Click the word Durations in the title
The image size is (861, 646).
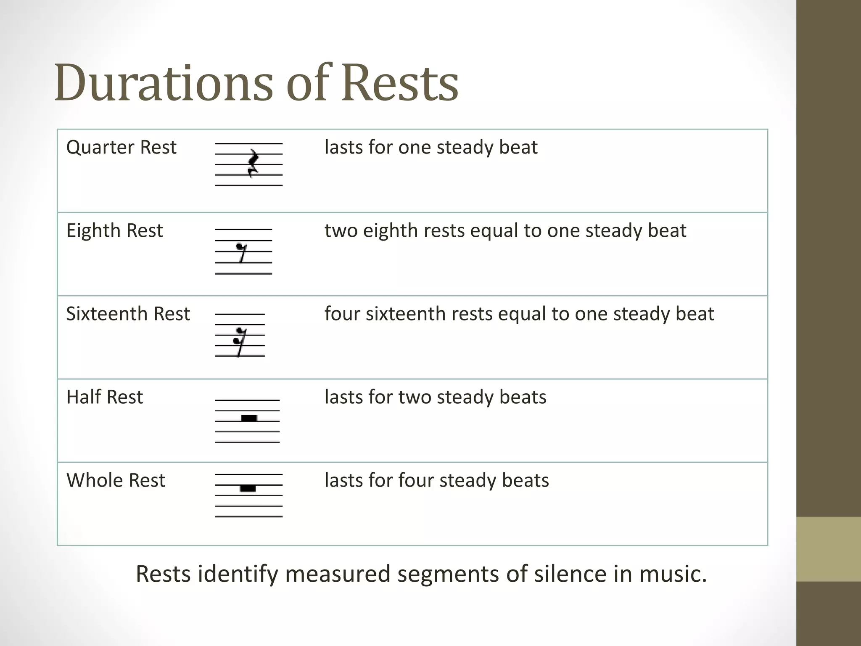pos(164,83)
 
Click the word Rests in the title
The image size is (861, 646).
pos(399,83)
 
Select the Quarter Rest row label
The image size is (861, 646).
pos(121,148)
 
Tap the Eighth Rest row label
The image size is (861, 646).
pos(114,231)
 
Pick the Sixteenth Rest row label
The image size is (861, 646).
pos(128,314)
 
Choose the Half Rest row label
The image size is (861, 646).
pos(105,397)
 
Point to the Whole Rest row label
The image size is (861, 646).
pos(116,481)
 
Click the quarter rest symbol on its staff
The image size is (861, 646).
pos(253,163)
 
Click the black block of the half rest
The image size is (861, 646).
pos(249,418)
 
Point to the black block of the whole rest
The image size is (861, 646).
pos(248,488)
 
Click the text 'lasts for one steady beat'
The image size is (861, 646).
pos(431,148)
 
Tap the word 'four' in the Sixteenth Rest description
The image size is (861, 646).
pos(342,314)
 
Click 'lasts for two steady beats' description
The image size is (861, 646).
pos(436,397)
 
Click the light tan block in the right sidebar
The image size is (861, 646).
pos(828,549)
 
